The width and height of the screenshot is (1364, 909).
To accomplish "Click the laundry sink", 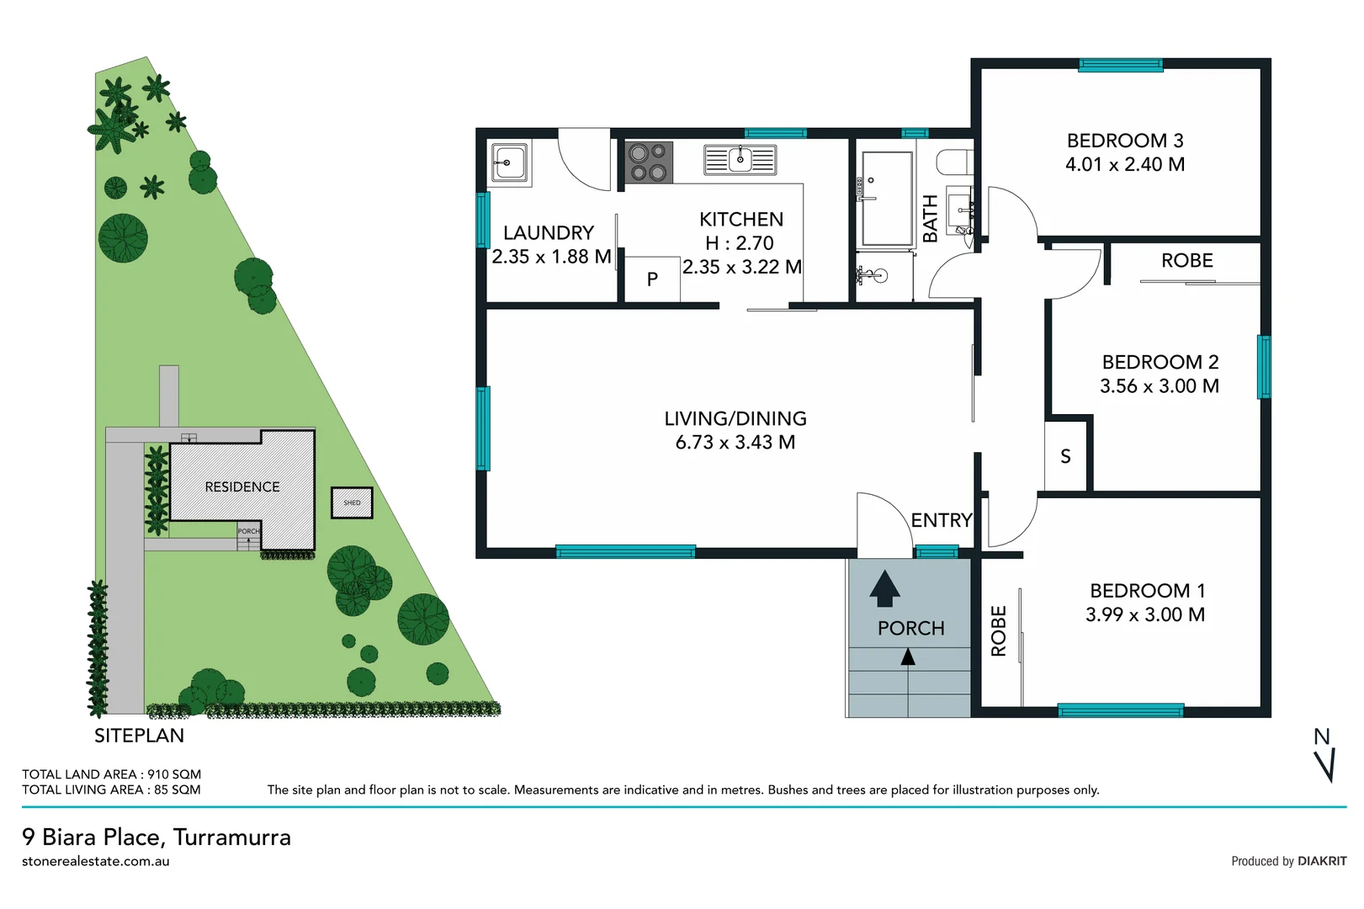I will (x=509, y=162).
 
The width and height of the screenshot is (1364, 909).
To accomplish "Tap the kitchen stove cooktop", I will (x=649, y=162).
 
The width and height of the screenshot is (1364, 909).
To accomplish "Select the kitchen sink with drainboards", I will (x=740, y=159).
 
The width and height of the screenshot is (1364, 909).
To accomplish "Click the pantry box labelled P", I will (x=652, y=279).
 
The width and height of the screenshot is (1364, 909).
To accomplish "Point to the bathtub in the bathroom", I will (x=887, y=199).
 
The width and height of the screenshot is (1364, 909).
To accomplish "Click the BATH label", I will (x=930, y=219).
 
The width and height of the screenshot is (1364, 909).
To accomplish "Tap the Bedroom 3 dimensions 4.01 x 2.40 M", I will (x=1125, y=165).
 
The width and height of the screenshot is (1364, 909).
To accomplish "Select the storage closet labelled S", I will (x=1065, y=456).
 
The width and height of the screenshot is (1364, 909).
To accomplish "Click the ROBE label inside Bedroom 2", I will (x=1186, y=261).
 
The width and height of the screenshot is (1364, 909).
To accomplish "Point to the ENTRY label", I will (x=941, y=520).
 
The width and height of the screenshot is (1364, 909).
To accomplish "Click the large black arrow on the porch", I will (x=884, y=588).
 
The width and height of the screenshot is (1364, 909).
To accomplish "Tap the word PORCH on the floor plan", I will (x=910, y=629).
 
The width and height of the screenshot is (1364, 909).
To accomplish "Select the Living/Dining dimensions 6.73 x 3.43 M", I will (x=735, y=443).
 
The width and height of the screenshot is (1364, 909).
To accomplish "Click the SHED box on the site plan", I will (x=352, y=502).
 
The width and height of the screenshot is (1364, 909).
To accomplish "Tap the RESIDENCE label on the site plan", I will (x=242, y=487).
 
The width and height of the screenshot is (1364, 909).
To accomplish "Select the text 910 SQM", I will (x=174, y=774).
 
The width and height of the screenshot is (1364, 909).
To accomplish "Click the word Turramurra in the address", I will (x=232, y=837).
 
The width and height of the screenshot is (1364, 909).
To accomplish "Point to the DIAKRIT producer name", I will (x=1321, y=861).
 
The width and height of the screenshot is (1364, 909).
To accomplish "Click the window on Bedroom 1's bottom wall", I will (x=1120, y=710).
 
